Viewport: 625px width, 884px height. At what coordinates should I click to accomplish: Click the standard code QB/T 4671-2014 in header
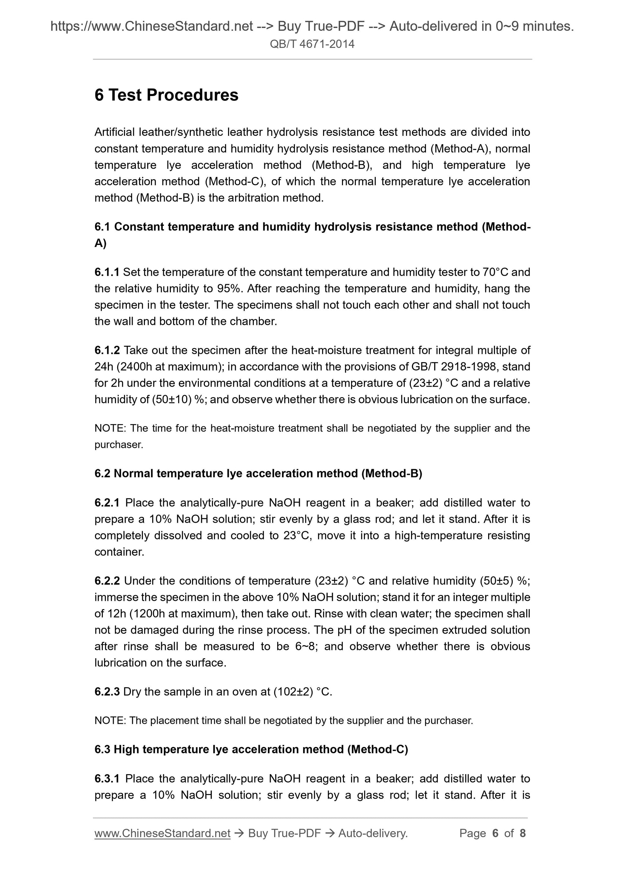pos(312,44)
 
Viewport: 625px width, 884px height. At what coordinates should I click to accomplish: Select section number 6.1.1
pos(107,272)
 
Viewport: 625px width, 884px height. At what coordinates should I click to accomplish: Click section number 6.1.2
pos(107,350)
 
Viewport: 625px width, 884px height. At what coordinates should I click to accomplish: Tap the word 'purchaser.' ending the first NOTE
pos(119,445)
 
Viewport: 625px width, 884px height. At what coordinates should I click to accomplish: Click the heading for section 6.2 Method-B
pos(258,474)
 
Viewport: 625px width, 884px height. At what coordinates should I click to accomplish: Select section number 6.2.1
pos(107,503)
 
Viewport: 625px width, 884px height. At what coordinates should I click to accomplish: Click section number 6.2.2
pos(107,581)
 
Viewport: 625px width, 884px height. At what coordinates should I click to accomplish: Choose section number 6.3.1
pos(107,778)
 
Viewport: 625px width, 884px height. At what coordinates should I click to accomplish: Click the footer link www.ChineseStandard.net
pos(162,833)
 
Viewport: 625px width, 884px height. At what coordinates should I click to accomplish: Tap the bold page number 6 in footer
pos(495,833)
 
